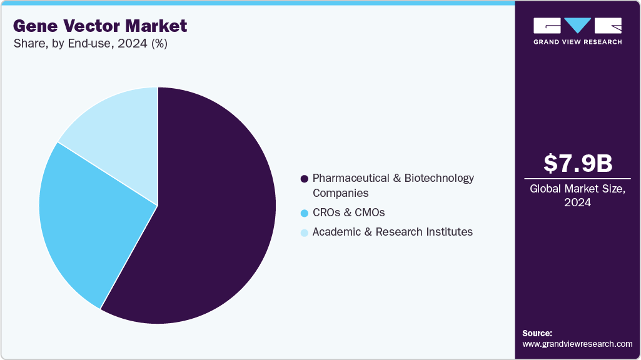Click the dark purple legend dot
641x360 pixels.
click(x=305, y=179)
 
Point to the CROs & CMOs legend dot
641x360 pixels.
click(x=305, y=213)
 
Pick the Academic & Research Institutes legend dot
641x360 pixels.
click(x=305, y=232)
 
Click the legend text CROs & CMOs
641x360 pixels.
click(x=348, y=212)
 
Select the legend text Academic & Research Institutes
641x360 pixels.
click(x=392, y=232)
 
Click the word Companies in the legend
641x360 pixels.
click(x=340, y=193)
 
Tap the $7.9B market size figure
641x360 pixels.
click(x=577, y=163)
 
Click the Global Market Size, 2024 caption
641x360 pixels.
click(x=577, y=196)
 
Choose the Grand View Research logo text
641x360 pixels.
click(x=577, y=42)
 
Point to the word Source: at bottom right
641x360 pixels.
click(x=537, y=333)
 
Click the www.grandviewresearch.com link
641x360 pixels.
click(x=577, y=344)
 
